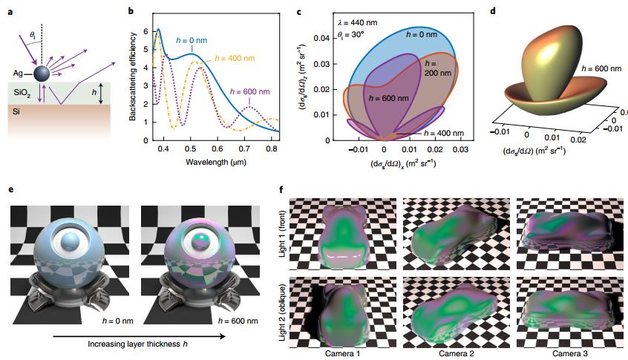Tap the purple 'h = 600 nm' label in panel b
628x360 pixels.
click(x=251, y=91)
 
